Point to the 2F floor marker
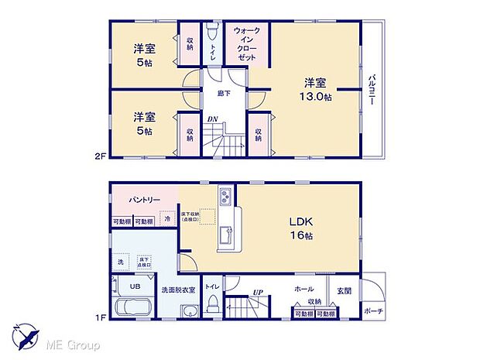tap(100, 155)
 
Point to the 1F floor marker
tap(100, 316)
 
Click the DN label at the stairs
tap(211, 118)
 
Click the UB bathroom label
tap(135, 286)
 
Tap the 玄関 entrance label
tap(343, 290)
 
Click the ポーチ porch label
tap(373, 311)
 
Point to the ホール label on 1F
tap(303, 287)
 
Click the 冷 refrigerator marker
tap(168, 220)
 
